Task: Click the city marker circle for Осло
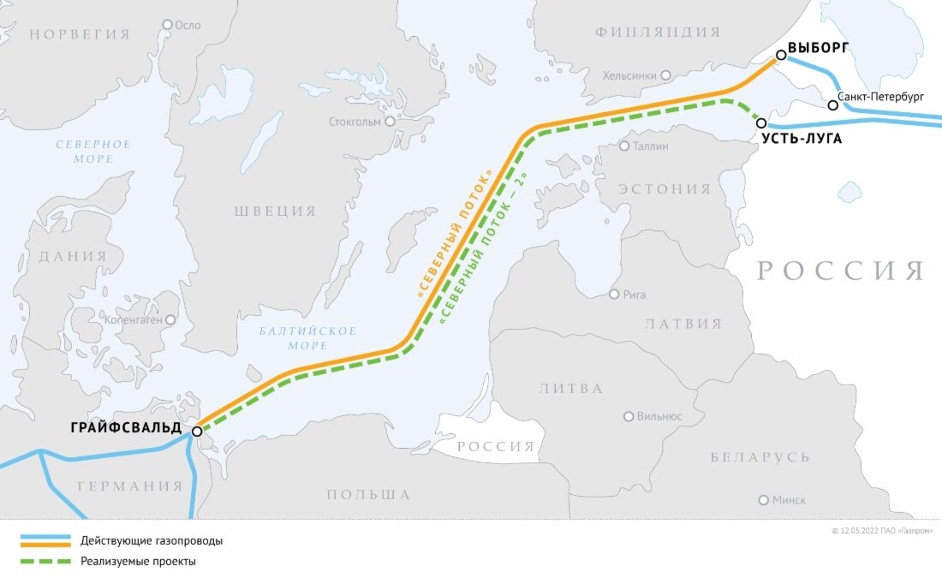click(168, 25)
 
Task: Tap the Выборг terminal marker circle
click(780, 55)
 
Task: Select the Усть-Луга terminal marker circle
click(761, 123)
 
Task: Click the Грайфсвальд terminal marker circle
click(197, 432)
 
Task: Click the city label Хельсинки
click(629, 75)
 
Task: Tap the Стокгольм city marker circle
click(390, 122)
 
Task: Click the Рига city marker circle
click(613, 295)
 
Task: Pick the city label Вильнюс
click(659, 417)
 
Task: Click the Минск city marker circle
click(763, 500)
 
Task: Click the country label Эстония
click(665, 188)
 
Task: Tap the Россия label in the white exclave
click(494, 447)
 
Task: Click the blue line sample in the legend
click(45, 540)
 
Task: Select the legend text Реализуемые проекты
click(139, 562)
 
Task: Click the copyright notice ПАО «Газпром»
click(882, 531)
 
